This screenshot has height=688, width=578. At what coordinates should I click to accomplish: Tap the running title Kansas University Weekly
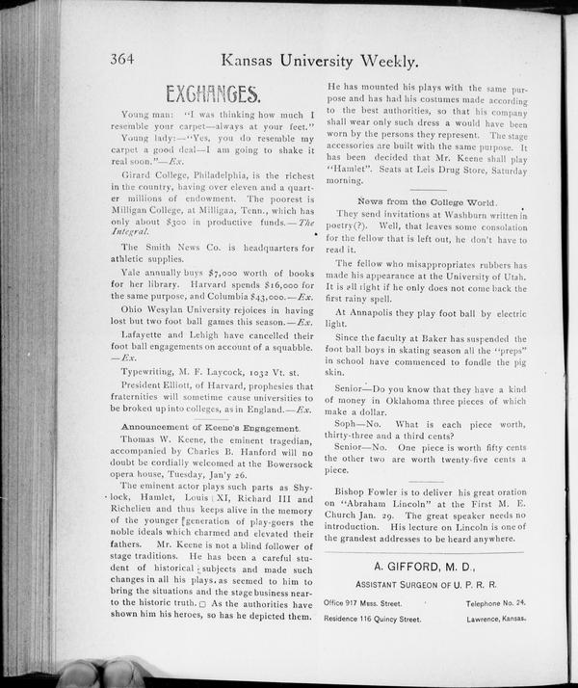pos(319,61)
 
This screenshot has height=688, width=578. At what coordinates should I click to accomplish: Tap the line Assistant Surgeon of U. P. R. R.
pos(421,585)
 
